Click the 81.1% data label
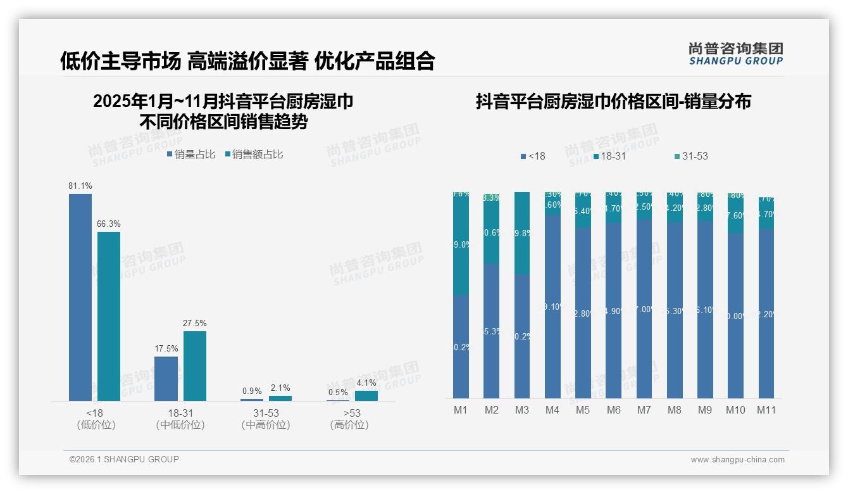click(80, 186)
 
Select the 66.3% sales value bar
click(109, 316)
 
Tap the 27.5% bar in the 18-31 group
click(195, 365)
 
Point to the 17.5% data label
click(166, 348)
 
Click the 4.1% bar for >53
click(366, 396)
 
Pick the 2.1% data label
click(280, 388)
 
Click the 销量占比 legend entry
click(190, 155)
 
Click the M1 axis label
click(461, 410)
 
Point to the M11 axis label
click(766, 410)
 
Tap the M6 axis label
click(613, 410)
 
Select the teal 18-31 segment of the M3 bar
click(522, 233)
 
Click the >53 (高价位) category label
click(349, 419)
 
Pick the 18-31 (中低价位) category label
click(180, 419)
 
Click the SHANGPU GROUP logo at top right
click(735, 54)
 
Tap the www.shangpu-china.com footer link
click(737, 460)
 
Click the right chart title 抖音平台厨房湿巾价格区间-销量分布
click(613, 101)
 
